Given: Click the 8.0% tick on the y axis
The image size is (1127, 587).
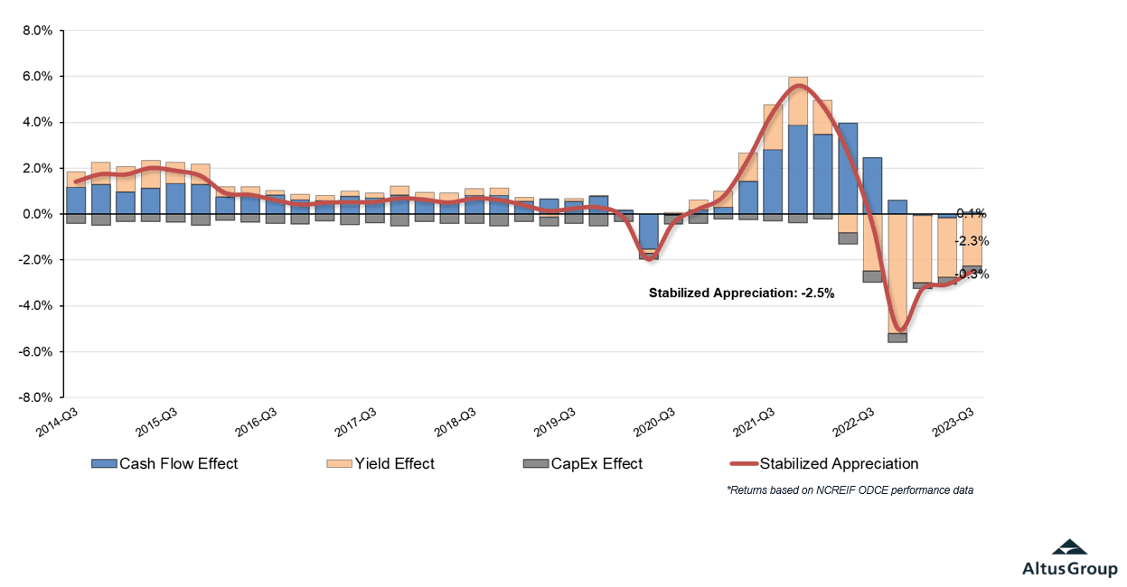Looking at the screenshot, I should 38,31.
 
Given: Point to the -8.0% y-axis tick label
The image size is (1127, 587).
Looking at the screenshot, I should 36,397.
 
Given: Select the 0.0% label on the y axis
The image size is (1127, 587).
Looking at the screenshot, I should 38,214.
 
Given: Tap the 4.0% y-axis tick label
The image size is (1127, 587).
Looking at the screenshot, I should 38,123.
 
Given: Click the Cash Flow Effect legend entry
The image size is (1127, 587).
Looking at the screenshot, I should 166,464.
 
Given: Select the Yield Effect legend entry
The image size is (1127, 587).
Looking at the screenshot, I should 381,464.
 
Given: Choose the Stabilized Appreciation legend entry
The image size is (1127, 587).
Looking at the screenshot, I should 825,464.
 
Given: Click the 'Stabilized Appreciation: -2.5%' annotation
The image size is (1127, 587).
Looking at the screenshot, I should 741,293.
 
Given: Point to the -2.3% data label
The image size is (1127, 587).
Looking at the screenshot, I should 972,241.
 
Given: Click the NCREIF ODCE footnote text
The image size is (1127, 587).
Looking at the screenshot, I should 850,490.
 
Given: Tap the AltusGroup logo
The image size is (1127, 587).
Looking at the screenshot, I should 1069,558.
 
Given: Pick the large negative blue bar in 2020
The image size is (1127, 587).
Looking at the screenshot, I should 649,232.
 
